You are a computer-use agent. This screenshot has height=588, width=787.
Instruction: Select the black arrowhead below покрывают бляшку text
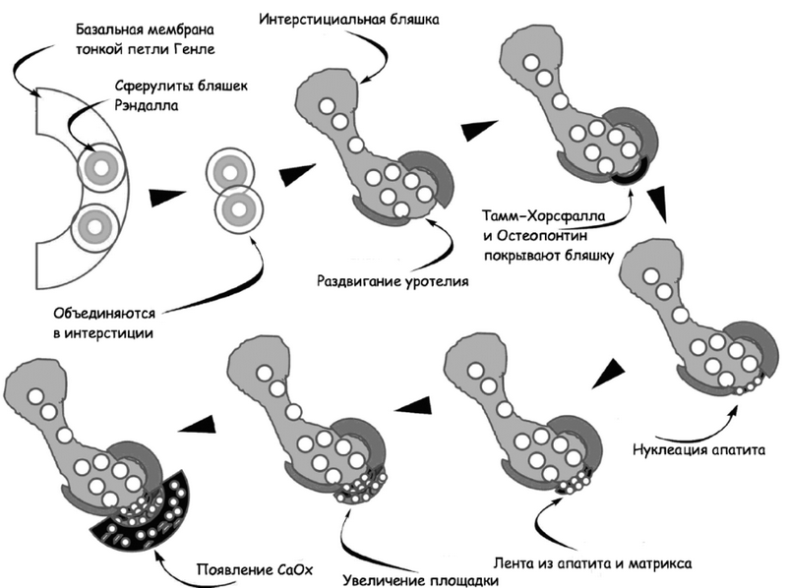coord(658,206)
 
